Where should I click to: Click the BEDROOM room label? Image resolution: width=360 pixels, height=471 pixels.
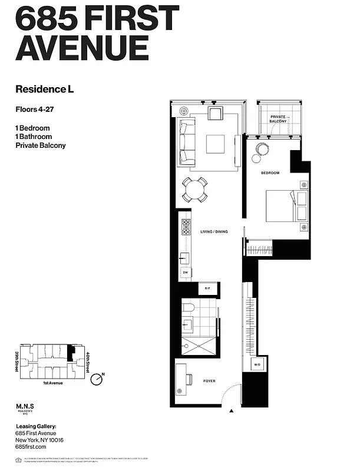(270, 173)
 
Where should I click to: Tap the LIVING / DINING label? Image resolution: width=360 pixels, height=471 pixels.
(213, 231)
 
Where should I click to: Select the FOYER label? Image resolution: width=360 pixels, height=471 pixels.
(209, 381)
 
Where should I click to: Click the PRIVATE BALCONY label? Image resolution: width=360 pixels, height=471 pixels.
(279, 119)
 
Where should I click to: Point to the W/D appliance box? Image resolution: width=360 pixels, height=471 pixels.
(257, 365)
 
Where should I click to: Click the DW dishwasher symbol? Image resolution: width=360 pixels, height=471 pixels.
(186, 273)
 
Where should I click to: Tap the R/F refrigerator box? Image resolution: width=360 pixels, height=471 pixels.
(207, 288)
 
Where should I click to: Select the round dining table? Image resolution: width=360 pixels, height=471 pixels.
(194, 190)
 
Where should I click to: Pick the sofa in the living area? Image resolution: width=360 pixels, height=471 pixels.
(187, 141)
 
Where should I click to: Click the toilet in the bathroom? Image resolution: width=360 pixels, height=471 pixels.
(189, 307)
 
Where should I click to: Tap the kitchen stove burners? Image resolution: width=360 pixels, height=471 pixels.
(186, 227)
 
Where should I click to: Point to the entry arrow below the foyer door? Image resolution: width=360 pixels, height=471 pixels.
(232, 411)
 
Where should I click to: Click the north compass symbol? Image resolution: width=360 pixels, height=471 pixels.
(97, 379)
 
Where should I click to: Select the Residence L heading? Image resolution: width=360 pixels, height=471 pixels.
(44, 89)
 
